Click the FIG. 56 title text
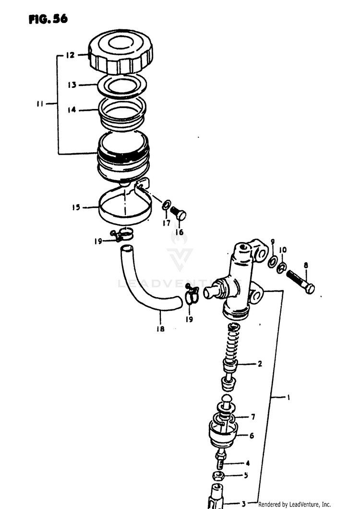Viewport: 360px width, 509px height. (x=48, y=19)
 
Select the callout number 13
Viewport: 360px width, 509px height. (x=72, y=85)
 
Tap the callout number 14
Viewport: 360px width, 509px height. (x=72, y=110)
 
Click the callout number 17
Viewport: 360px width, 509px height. (x=166, y=223)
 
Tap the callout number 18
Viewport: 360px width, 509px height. (x=160, y=329)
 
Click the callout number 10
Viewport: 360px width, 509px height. (x=283, y=250)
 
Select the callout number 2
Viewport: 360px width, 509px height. (x=260, y=364)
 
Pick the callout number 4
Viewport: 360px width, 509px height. (x=248, y=463)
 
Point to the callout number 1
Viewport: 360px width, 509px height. (x=289, y=397)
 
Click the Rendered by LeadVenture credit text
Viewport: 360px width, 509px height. (x=294, y=504)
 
